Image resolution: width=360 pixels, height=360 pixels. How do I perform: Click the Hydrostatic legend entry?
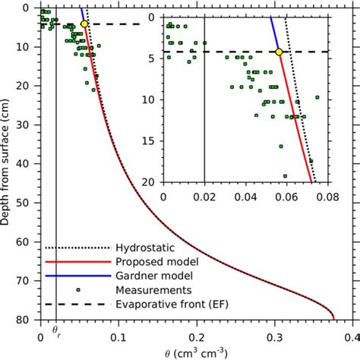[x=142, y=248]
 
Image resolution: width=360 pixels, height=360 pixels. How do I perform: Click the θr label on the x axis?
[x=55, y=333]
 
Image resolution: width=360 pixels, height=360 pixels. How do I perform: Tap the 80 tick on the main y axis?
[x=25, y=321]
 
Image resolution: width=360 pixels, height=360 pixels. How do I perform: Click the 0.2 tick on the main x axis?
[x=197, y=334]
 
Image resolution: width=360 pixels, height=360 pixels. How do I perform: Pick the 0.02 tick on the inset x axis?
[x=205, y=195]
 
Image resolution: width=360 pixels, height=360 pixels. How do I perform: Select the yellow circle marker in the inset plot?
[x=279, y=52]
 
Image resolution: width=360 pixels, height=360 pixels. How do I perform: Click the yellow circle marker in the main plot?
[x=84, y=24]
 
